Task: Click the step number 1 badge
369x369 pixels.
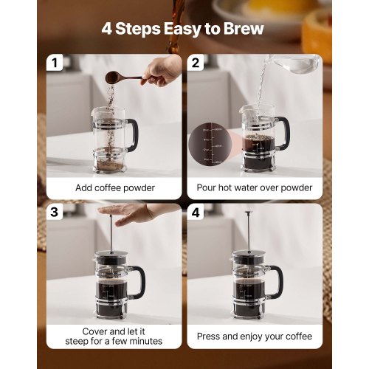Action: [x=54, y=63]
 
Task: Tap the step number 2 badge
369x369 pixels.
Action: [x=196, y=63]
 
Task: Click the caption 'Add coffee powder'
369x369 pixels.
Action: [x=115, y=187]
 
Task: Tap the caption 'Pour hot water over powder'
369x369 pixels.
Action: [x=254, y=187]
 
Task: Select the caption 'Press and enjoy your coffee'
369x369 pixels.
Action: [x=254, y=336]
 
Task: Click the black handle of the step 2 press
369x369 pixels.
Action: [x=283, y=133]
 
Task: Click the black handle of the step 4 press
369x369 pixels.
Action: [x=277, y=280]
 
